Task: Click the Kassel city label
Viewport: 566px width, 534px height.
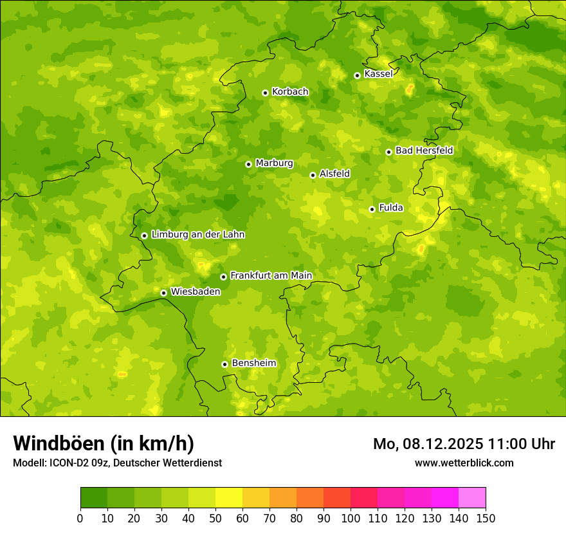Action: (x=378, y=74)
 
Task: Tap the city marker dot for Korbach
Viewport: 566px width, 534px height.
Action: (x=265, y=93)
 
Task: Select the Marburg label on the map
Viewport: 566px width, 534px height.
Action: (x=274, y=163)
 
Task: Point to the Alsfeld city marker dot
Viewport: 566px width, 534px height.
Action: (x=313, y=175)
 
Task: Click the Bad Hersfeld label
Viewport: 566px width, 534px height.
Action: (x=424, y=151)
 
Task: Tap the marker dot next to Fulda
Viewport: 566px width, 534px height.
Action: (x=372, y=209)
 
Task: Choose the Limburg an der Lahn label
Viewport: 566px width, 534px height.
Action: (x=197, y=235)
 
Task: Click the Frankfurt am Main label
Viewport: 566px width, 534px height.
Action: (x=271, y=275)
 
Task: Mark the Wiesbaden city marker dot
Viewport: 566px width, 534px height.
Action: (x=163, y=293)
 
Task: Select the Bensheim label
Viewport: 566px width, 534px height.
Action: (x=253, y=363)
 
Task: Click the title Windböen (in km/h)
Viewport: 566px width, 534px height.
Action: (x=104, y=443)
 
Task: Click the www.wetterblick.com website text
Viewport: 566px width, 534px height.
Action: (x=464, y=463)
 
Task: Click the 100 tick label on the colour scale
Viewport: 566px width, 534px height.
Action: (x=351, y=518)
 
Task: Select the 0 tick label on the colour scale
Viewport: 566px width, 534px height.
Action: (x=80, y=518)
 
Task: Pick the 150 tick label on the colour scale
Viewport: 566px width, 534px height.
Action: (x=486, y=518)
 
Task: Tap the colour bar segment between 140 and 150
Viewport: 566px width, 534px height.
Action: (x=472, y=498)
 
